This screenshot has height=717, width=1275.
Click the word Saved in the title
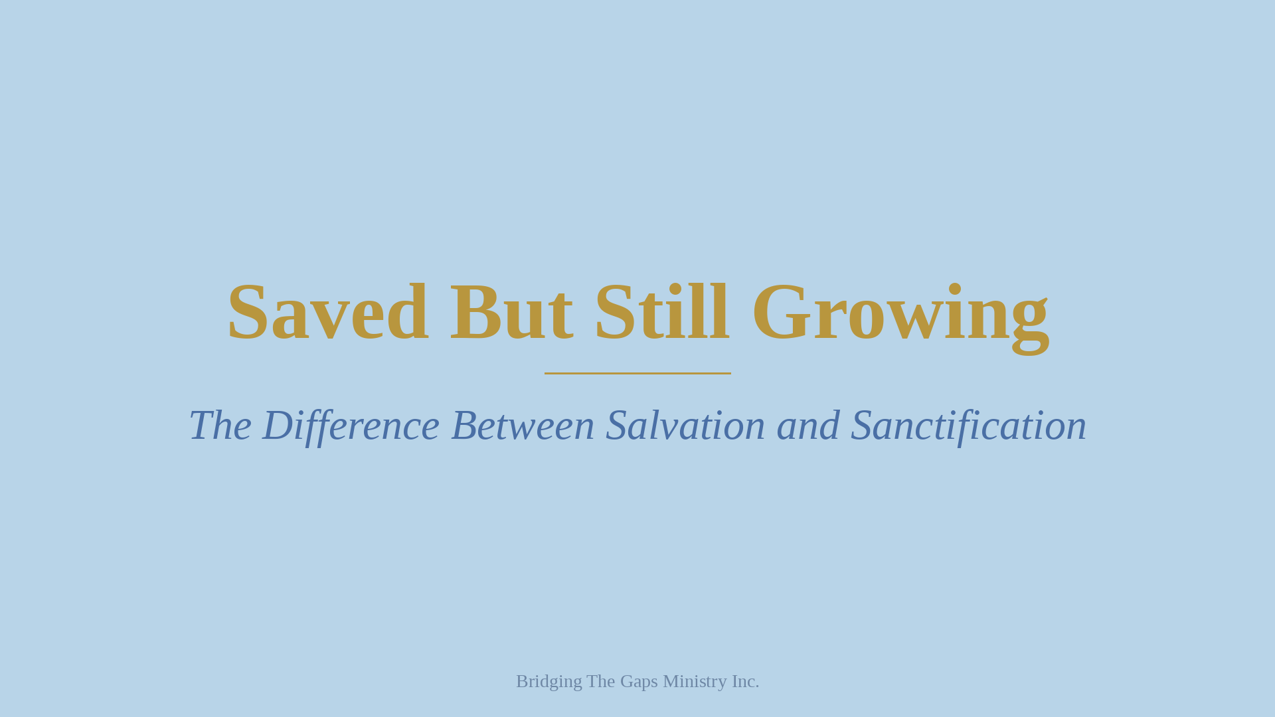(327, 313)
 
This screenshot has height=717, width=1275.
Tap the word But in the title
(511, 313)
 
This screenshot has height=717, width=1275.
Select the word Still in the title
(661, 313)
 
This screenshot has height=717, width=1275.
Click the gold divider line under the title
(637, 373)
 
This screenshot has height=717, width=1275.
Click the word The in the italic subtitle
(220, 426)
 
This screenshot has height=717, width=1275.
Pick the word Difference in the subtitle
(351, 426)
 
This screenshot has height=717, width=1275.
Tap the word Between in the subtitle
(523, 426)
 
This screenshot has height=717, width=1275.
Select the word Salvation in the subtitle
(685, 426)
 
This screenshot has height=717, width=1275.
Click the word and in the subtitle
(808, 426)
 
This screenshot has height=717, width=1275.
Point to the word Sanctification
(968, 426)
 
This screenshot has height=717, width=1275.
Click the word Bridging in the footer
(549, 682)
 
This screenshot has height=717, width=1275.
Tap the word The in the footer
(601, 681)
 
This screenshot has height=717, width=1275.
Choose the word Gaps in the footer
(639, 682)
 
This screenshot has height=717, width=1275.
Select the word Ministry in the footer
(695, 682)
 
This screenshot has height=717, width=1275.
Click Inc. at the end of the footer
(745, 681)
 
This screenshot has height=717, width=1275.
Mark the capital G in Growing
(781, 313)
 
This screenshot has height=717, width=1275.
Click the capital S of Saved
(248, 313)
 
